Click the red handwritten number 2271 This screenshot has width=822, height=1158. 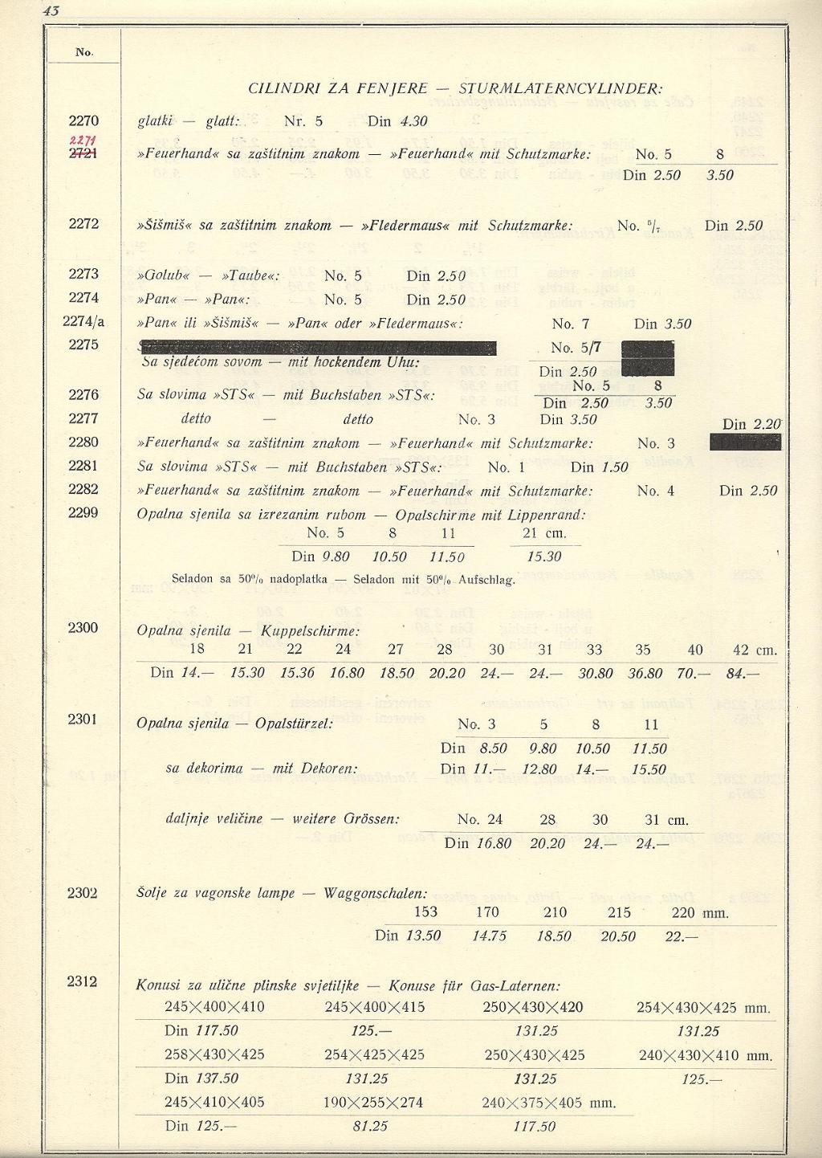point(83,141)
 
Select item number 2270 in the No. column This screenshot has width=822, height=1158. point(83,121)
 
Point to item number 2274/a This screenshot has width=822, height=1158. point(83,322)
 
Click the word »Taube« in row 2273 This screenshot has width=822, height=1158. point(250,276)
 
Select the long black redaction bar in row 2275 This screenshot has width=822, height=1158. point(317,348)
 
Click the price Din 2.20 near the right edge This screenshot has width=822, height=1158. point(751,424)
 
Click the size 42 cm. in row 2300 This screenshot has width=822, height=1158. point(755,650)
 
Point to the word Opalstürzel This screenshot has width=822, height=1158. point(294,724)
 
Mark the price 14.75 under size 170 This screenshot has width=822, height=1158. point(488,936)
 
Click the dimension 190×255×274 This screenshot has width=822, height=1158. point(373,1103)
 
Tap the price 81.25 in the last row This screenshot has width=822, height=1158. point(370,1126)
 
